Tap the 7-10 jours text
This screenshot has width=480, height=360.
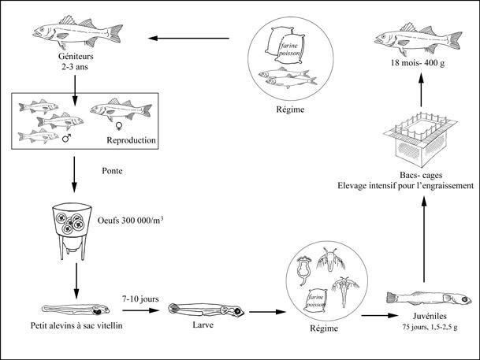(x=140, y=299)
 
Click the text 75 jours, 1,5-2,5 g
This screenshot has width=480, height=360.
(x=419, y=325)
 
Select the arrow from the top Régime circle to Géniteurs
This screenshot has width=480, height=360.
(x=193, y=37)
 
